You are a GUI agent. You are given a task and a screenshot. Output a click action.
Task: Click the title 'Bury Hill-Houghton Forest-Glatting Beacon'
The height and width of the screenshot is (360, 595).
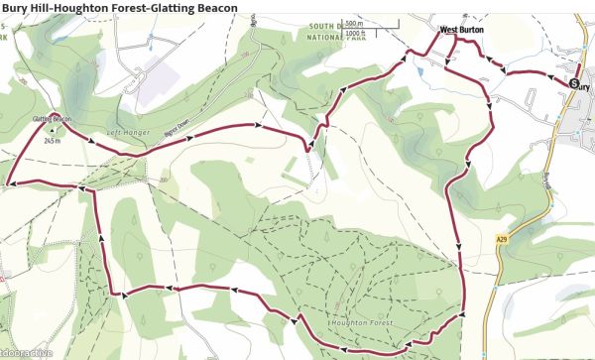coord(119,9)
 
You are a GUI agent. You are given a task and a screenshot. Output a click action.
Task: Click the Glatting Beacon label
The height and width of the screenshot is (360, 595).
coord(53,119)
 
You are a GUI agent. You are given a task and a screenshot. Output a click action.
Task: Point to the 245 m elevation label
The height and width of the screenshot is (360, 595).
coord(53,141)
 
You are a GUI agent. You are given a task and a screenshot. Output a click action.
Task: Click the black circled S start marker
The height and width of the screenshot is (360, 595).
coord(574,84)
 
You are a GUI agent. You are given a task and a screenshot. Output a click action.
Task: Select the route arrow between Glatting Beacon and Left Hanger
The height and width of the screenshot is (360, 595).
coord(92,140)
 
